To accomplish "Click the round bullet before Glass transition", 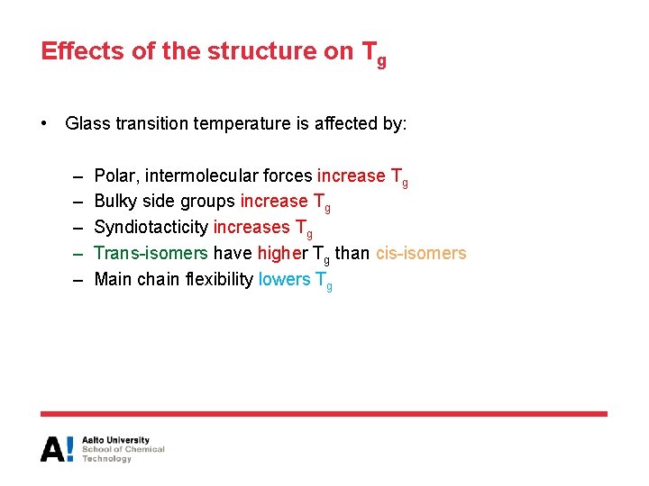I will [45, 123].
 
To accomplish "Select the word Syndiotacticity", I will [151, 228].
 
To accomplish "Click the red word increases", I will [251, 228].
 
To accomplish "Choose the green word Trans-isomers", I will [151, 253].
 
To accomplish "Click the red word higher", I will [281, 254].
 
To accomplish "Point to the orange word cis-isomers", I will [421, 253].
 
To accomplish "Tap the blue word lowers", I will [283, 279].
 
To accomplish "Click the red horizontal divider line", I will [324, 414].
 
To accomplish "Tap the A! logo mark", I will [57, 448].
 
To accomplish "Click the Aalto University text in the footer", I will [116, 441].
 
